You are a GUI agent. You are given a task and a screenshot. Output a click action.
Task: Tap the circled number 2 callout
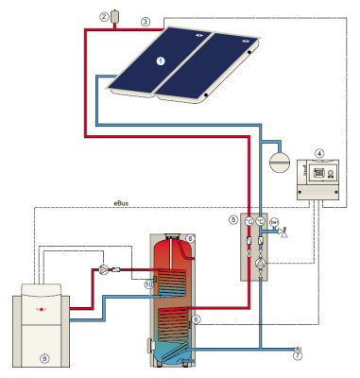tap(103, 16)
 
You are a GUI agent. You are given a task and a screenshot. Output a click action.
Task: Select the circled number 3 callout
tap(145, 21)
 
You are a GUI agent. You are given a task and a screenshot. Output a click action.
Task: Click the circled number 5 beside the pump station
tap(232, 219)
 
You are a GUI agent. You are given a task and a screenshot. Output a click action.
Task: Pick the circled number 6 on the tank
tap(195, 319)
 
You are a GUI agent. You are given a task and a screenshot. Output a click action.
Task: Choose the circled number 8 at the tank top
tap(190, 239)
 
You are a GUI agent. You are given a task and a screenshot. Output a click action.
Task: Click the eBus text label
tap(121, 202)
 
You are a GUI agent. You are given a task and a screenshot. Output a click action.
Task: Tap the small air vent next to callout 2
tap(115, 16)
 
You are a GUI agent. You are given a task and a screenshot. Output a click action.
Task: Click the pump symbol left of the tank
tap(102, 268)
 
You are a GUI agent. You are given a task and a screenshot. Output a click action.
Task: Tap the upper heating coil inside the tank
tap(173, 281)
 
